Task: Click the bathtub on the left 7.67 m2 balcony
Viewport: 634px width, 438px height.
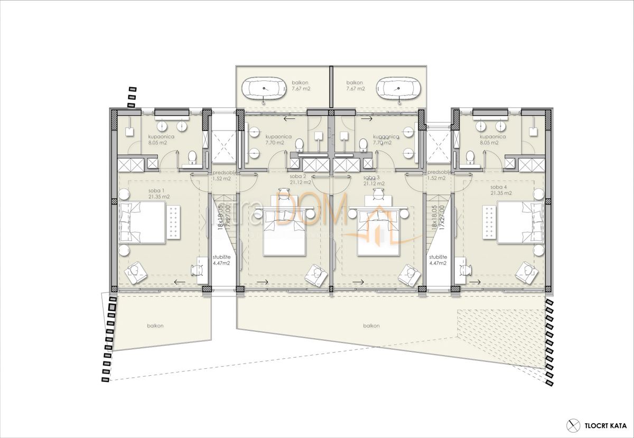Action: click(264, 88)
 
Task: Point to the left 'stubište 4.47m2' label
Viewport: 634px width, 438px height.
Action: click(220, 259)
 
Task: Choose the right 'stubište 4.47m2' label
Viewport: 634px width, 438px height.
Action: click(438, 259)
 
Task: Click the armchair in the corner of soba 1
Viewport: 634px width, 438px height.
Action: click(136, 271)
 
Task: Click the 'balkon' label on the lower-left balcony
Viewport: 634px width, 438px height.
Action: click(155, 326)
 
